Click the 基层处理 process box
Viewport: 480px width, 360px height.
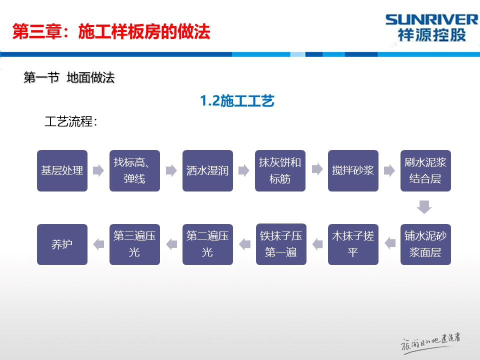pos(62,170)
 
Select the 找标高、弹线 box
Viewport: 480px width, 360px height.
pos(134,170)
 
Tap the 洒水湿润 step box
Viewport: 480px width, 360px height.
pos(207,170)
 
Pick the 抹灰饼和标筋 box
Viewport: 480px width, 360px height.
pos(280,170)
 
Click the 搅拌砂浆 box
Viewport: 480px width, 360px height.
pos(353,170)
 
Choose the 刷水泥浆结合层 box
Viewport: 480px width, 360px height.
pos(425,170)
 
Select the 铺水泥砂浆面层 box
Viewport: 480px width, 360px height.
pos(425,244)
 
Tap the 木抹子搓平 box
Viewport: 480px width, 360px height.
pos(353,244)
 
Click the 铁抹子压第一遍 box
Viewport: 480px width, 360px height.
pos(280,244)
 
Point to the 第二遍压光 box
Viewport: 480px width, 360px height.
pos(207,244)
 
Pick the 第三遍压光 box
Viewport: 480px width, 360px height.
pos(134,244)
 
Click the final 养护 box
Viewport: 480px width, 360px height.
pos(62,244)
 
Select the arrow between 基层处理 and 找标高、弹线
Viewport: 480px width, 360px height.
pos(98,170)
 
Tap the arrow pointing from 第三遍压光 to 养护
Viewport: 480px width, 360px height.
pos(98,244)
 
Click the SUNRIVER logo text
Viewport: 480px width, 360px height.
pos(432,20)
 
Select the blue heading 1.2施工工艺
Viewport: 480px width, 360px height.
pos(237,101)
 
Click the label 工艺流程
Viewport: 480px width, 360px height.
pos(70,121)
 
